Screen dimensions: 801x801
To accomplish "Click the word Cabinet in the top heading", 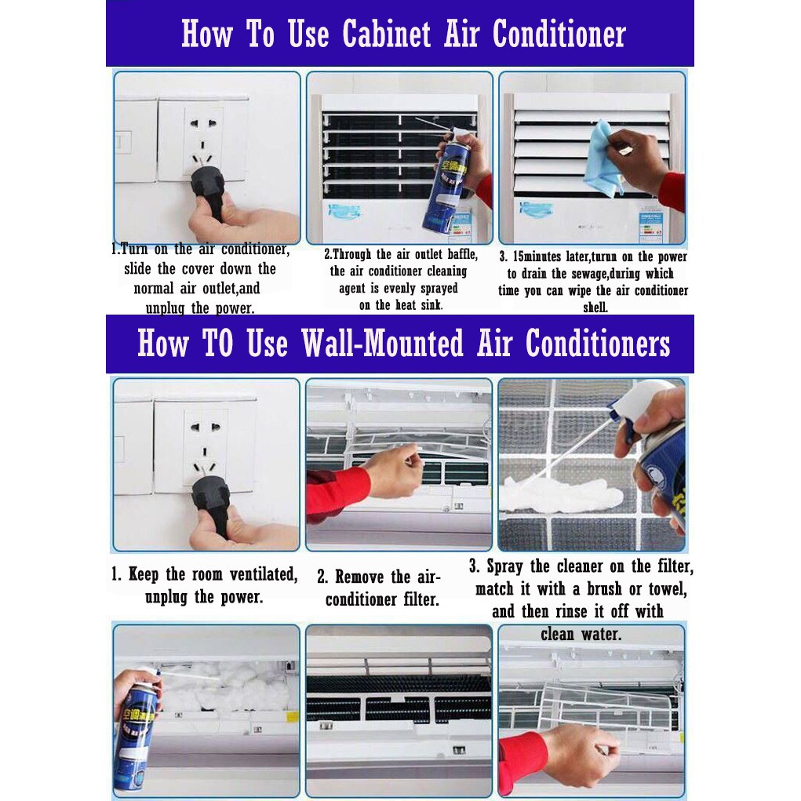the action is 386,35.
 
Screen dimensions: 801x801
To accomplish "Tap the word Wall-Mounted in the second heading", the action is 382,343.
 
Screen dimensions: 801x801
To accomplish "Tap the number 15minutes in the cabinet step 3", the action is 537,257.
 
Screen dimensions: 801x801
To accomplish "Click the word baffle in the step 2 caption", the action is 462,254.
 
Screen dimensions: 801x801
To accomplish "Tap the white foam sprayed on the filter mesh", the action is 561,495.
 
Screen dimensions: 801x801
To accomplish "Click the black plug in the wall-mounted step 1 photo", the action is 210,499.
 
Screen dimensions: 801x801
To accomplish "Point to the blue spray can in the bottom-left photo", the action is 135,730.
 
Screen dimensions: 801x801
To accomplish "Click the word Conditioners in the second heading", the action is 598,343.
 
